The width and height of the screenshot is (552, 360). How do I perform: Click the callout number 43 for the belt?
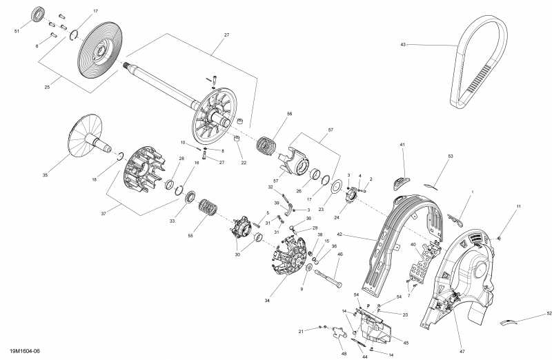click(x=404, y=45)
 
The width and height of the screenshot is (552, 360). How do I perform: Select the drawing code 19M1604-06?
click(x=21, y=352)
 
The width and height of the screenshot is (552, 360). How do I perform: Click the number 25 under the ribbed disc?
click(x=47, y=88)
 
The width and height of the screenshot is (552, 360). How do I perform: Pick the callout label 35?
click(x=46, y=176)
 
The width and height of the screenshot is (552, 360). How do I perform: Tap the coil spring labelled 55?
click(x=206, y=206)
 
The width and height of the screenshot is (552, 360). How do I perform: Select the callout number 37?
click(x=104, y=214)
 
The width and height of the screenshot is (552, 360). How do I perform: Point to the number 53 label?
click(x=450, y=157)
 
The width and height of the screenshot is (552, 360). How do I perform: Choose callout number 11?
click(x=519, y=207)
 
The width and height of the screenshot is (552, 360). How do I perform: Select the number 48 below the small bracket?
click(x=344, y=354)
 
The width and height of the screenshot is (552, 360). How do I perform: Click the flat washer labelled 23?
click(x=338, y=186)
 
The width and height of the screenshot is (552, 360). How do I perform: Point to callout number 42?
click(x=359, y=235)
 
